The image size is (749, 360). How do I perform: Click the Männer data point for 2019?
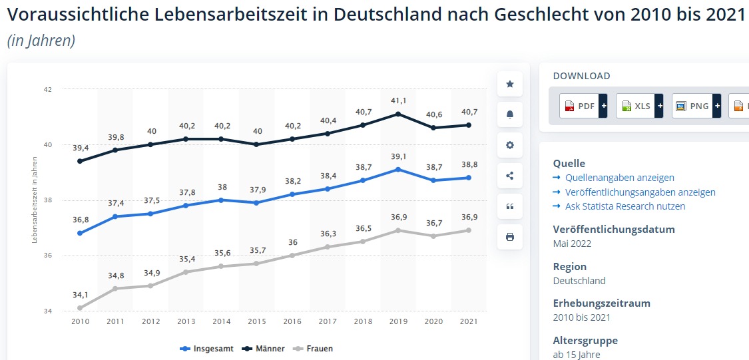(x=398, y=114)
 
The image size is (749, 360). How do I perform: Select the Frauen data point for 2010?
(x=80, y=307)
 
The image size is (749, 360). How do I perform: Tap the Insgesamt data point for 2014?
(x=222, y=200)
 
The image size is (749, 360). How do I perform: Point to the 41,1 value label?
(x=398, y=100)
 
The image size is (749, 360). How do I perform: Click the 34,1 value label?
(x=80, y=294)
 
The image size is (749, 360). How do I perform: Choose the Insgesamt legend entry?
(x=207, y=349)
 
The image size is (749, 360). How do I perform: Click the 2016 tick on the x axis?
(x=292, y=321)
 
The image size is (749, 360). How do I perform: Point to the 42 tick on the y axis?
(x=48, y=89)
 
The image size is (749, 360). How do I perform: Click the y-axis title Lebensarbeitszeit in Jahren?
(x=35, y=200)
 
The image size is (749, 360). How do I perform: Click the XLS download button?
(x=638, y=106)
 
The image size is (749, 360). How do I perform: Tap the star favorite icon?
(x=510, y=84)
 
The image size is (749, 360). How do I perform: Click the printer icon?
(x=510, y=237)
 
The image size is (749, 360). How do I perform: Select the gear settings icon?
(x=510, y=145)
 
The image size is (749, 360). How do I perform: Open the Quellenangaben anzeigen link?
(x=619, y=178)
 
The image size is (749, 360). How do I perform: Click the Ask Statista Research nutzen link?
(x=624, y=206)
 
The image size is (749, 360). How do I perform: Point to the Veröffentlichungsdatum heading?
(x=614, y=229)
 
